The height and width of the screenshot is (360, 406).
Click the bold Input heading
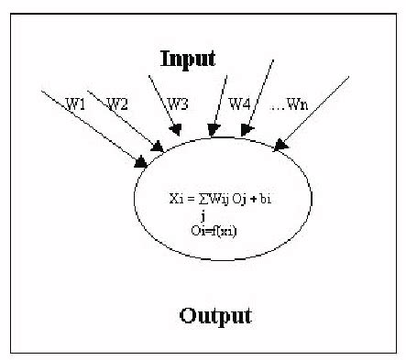188,59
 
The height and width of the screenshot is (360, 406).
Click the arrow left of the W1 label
92,128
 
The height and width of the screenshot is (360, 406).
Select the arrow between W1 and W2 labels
127,119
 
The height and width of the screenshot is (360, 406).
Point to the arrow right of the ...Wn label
316,110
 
